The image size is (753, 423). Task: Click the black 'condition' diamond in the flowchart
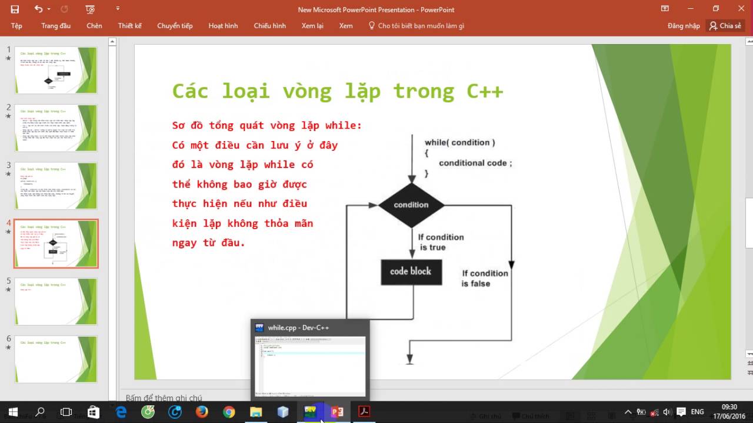point(411,205)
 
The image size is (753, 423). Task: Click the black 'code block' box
point(411,271)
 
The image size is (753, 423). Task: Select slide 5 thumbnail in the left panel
point(56,301)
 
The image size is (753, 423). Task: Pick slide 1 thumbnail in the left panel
point(56,70)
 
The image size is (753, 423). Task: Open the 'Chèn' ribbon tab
point(94,26)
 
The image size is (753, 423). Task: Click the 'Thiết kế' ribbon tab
point(129,26)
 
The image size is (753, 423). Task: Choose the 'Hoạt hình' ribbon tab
point(223,26)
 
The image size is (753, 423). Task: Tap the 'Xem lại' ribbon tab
point(312,26)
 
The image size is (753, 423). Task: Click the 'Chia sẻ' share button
point(725,26)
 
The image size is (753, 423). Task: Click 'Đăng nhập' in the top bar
point(684,26)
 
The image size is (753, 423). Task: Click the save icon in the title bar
point(15,9)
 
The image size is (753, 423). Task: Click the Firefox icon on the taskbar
point(202,412)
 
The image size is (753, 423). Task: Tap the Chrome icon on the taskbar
point(229,412)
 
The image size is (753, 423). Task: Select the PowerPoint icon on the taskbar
point(337,412)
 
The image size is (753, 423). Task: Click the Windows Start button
point(13,412)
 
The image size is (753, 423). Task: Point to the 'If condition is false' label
point(484,278)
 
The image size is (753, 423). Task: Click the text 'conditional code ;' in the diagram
point(475,163)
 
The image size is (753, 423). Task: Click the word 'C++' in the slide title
point(485,91)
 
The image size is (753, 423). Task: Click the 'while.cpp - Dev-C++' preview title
point(298,328)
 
